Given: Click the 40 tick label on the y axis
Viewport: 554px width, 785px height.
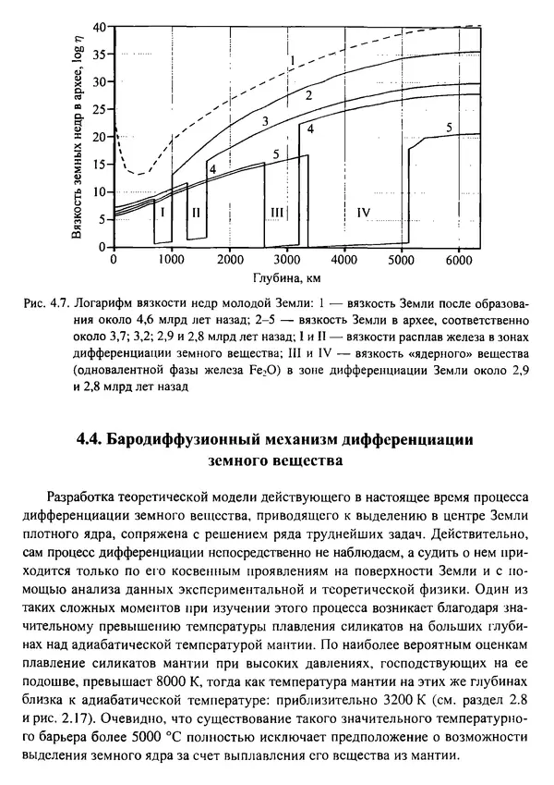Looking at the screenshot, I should [99, 26].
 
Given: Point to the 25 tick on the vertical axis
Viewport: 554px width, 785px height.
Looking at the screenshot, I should [99, 107].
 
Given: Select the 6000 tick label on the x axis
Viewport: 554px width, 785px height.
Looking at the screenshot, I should [459, 260].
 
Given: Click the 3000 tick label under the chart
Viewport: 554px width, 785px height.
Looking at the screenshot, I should [286, 260].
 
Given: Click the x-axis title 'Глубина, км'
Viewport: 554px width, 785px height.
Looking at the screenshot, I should [289, 276].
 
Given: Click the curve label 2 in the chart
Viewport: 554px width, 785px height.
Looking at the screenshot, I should [308, 95].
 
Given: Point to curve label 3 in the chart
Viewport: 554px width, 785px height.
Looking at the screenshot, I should [264, 121].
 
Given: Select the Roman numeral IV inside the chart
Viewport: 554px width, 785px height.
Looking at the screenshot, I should [362, 213].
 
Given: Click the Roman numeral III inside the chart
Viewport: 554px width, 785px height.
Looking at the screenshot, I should [276, 213].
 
